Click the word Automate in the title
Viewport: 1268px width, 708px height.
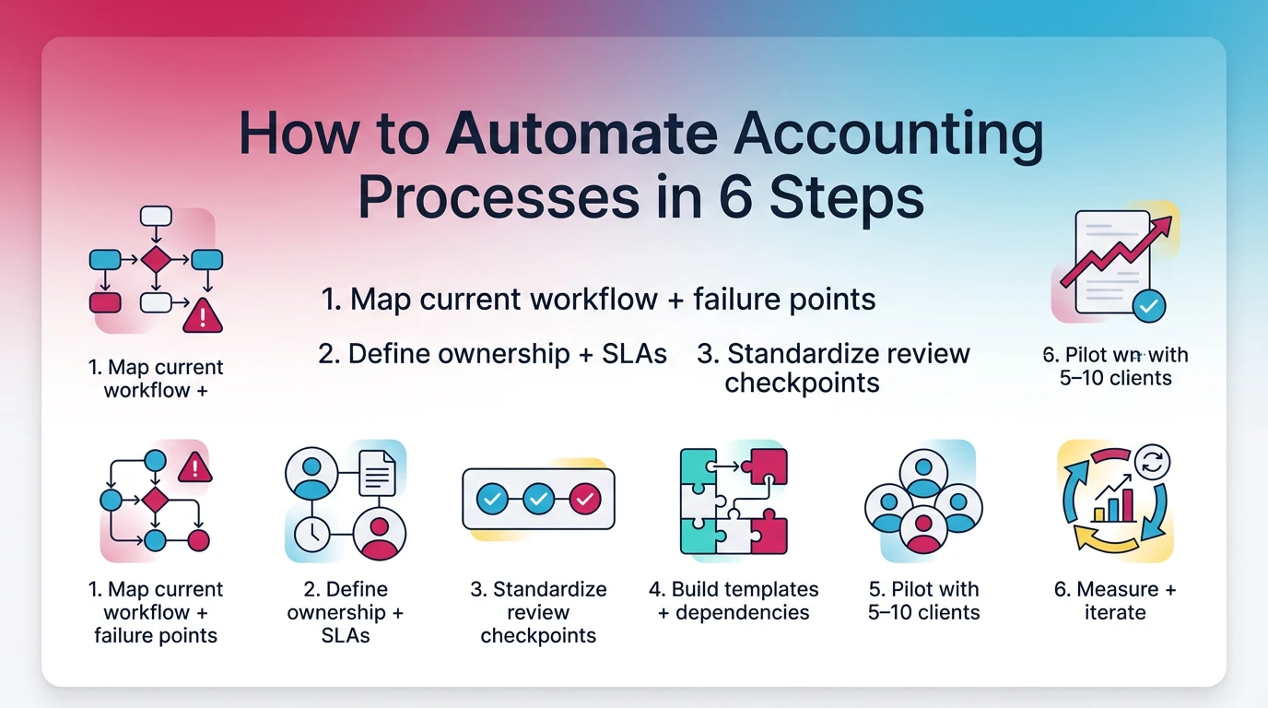[581, 136]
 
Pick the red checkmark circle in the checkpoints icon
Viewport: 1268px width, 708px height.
[584, 499]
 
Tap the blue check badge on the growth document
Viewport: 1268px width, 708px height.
[1147, 306]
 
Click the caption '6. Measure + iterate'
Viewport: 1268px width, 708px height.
[1115, 600]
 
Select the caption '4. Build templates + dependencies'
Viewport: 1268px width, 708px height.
[734, 600]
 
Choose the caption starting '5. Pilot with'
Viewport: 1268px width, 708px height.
[923, 600]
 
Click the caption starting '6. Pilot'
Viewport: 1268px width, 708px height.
[1115, 366]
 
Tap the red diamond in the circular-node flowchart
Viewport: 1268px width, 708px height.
[155, 501]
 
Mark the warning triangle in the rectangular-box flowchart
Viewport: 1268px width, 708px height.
[203, 316]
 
